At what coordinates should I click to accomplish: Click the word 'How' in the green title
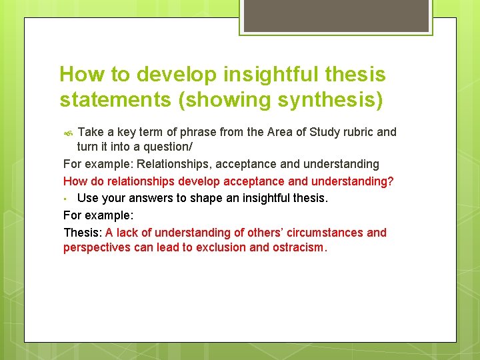click(79, 74)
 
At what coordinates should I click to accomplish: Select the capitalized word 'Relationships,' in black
click(171, 164)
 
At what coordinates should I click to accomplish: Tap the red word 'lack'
click(129, 233)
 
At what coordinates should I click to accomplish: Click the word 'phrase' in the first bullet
click(180, 132)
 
